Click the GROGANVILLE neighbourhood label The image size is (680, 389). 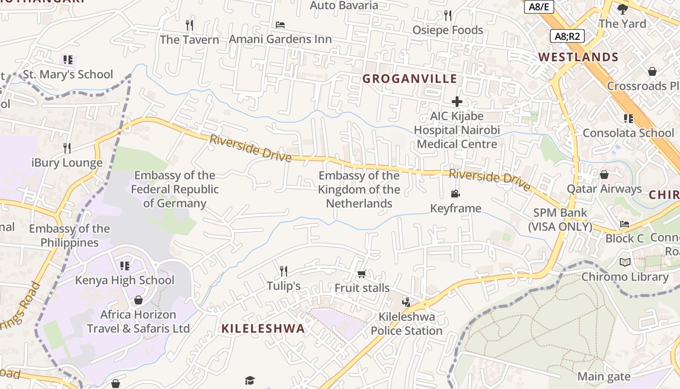coord(409,79)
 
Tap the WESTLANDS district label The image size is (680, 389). coord(578,57)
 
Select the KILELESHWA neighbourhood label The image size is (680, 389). coord(263,328)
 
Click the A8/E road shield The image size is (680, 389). coord(538,7)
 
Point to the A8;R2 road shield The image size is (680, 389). coord(567,36)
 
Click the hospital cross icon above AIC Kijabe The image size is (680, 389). coord(457,102)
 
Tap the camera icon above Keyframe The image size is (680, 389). coord(455,194)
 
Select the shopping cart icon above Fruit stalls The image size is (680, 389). coord(361,274)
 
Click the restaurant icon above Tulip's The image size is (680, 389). coord(284,271)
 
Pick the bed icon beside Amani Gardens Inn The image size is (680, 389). coord(280,24)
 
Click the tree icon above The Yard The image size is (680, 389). coord(622,9)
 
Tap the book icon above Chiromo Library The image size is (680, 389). coord(625,263)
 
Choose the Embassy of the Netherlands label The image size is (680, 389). coord(359,190)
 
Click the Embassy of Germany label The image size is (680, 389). coord(175,189)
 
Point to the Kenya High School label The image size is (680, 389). coord(124,280)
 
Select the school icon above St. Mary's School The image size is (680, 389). coord(68,60)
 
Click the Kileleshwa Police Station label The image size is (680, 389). coord(407,324)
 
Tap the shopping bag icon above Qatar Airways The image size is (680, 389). coord(604,174)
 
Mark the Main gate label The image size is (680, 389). coord(604,376)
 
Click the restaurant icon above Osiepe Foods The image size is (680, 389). coord(447,16)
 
